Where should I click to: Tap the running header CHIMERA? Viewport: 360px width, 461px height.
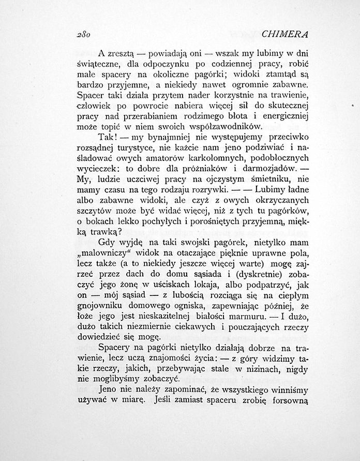pos(284,35)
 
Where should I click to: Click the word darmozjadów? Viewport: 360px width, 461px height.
pos(267,171)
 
